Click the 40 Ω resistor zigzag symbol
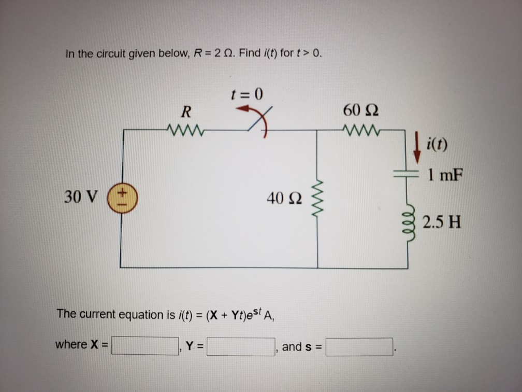click(x=317, y=199)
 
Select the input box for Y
click(x=241, y=346)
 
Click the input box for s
click(x=359, y=346)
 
